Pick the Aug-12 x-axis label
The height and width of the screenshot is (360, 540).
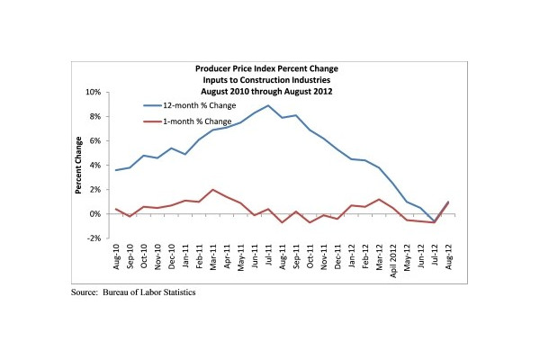click(x=447, y=256)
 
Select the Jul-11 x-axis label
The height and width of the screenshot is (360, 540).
click(x=267, y=256)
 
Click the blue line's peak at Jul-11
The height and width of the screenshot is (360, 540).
click(x=267, y=106)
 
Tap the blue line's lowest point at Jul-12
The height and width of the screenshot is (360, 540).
click(x=434, y=221)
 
